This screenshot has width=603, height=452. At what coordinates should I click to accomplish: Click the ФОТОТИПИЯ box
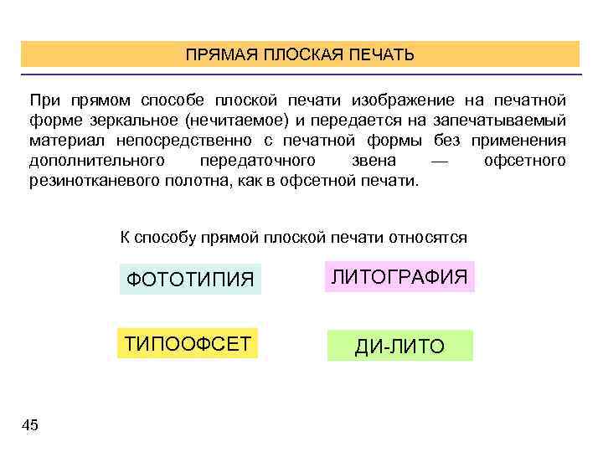coord(190,279)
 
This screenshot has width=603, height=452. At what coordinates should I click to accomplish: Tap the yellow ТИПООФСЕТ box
coord(188,343)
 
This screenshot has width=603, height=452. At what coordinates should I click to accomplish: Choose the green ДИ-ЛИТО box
coord(399,346)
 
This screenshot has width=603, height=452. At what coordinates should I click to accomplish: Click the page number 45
coord(29,426)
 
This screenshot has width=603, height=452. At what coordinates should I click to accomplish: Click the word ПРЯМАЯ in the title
coord(221,55)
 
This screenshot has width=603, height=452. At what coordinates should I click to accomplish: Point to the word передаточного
coord(258,159)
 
